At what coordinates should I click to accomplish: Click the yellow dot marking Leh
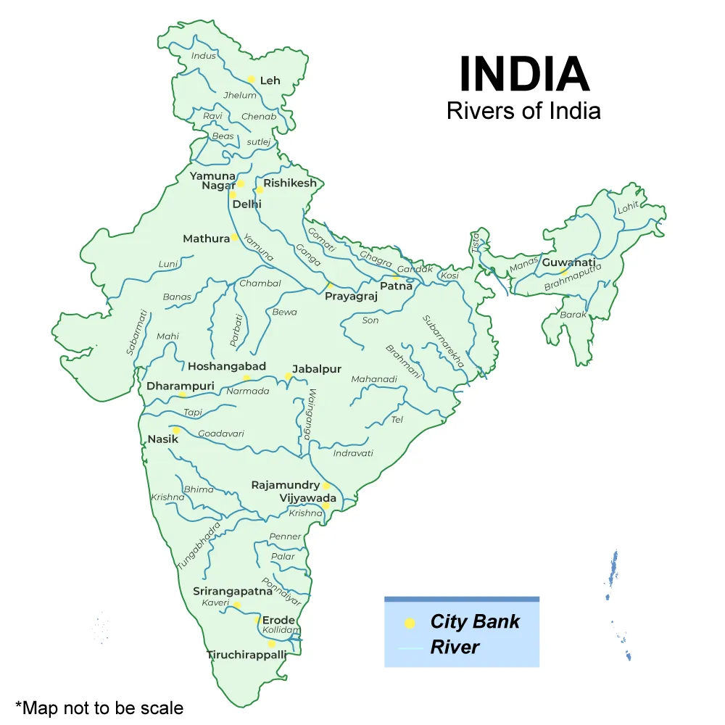[252, 80]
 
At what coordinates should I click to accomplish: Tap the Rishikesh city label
[290, 183]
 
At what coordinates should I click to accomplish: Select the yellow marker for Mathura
[235, 238]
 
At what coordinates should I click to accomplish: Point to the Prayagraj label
[351, 297]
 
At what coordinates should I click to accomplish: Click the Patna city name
[396, 286]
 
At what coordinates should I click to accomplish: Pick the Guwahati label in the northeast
[569, 262]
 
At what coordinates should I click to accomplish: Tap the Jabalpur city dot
[288, 376]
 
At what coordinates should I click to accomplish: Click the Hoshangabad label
[227, 366]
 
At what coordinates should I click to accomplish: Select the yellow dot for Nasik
[176, 430]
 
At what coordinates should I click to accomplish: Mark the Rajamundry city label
[286, 485]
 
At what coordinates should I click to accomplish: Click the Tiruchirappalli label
[246, 655]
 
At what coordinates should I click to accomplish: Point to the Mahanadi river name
[374, 379]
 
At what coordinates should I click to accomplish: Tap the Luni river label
[168, 264]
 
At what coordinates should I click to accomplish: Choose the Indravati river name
[353, 453]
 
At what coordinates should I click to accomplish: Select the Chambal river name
[260, 283]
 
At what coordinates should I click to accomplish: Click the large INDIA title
[524, 75]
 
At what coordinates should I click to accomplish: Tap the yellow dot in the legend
[410, 623]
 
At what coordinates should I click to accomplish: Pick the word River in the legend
[455, 647]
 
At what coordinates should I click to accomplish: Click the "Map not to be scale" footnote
[99, 708]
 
